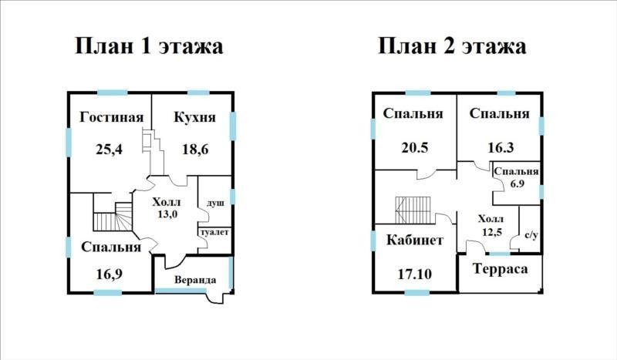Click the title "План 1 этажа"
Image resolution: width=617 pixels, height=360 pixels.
tap(149, 46)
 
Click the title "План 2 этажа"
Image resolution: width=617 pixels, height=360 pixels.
tap(452, 46)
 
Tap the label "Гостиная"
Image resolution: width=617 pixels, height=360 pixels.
tap(111, 117)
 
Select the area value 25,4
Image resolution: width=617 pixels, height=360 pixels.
tap(109, 150)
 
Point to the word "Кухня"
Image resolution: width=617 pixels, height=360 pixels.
tap(195, 117)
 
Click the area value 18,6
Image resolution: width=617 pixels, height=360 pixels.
tap(195, 150)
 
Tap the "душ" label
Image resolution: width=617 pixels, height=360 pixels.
tap(216, 203)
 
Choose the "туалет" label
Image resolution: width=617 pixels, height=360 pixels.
tap(214, 232)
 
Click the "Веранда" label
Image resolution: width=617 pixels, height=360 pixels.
tap(195, 280)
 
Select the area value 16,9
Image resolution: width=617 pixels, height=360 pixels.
tap(109, 274)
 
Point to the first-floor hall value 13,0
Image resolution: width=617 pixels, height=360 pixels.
tap(167, 214)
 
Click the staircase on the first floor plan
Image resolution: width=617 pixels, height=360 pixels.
tap(113, 217)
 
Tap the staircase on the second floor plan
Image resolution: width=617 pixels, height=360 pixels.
tap(413, 210)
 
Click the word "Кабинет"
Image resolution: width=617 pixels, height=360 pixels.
tap(415, 240)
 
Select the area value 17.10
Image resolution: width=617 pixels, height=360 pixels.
tap(414, 274)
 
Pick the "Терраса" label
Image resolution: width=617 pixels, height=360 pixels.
tap(500, 269)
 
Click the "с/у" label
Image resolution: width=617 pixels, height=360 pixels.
tap(531, 235)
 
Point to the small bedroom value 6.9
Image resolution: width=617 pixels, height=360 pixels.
tap(517, 183)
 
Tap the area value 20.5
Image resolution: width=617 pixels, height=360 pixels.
tap(415, 148)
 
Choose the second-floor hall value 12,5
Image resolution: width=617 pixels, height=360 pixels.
tap(492, 231)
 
